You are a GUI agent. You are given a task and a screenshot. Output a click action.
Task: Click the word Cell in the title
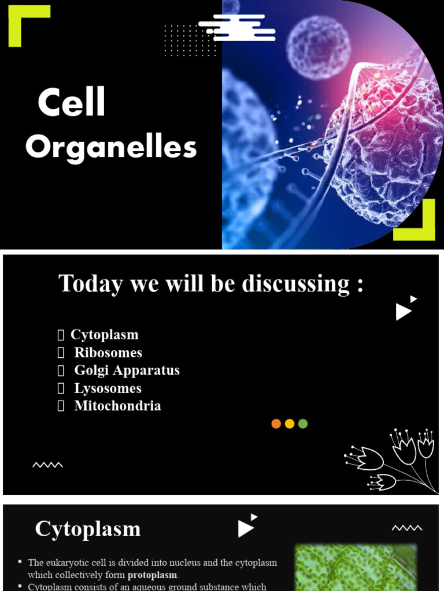point(72,103)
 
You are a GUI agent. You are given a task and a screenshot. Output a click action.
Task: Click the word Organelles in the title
point(111,148)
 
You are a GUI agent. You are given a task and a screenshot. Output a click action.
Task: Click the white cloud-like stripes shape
point(237,28)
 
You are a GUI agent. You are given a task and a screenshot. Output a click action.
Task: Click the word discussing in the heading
point(295,283)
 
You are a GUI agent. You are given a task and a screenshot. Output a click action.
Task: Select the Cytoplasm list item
point(104,335)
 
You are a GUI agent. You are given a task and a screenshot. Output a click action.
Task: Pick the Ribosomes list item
point(108,353)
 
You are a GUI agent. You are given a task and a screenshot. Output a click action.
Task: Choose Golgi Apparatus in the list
point(127,371)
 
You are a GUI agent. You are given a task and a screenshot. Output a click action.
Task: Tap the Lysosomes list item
point(108,388)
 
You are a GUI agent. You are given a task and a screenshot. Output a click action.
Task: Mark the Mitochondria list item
point(117,406)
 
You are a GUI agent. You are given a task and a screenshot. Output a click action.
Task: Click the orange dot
point(276,424)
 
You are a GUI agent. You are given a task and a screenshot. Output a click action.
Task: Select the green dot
point(303,424)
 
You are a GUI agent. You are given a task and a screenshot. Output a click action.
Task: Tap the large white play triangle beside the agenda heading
point(403,312)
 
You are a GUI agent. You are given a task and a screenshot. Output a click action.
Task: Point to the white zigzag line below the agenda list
point(47,465)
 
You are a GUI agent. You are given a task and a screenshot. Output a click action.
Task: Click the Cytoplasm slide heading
point(88,529)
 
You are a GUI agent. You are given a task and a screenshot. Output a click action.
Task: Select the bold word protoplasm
point(152,575)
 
